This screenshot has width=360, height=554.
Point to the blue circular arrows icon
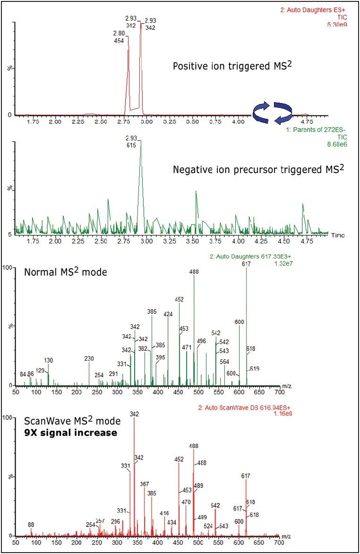click(272, 113)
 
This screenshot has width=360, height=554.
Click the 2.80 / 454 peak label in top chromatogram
click(119, 37)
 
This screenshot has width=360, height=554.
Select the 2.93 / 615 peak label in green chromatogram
click(131, 142)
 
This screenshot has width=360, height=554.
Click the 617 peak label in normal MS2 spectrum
click(246, 264)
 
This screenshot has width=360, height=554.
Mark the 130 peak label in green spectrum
click(49, 360)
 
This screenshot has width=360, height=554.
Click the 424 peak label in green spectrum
click(168, 313)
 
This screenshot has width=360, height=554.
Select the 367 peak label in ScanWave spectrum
click(145, 484)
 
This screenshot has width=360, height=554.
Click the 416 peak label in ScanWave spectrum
click(164, 513)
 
